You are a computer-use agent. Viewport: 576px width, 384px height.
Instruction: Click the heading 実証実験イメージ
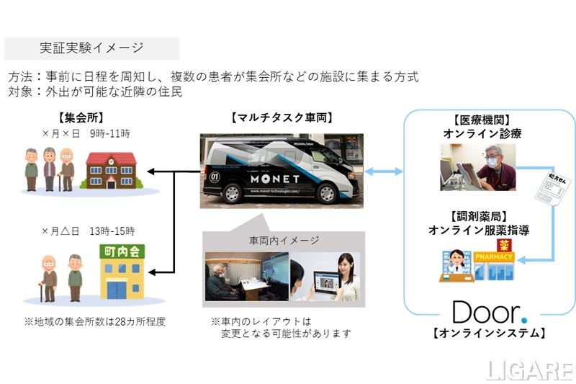(x=91, y=48)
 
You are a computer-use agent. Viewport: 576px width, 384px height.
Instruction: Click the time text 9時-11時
(x=110, y=133)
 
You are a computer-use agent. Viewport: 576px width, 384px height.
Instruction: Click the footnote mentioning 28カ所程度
(x=94, y=321)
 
